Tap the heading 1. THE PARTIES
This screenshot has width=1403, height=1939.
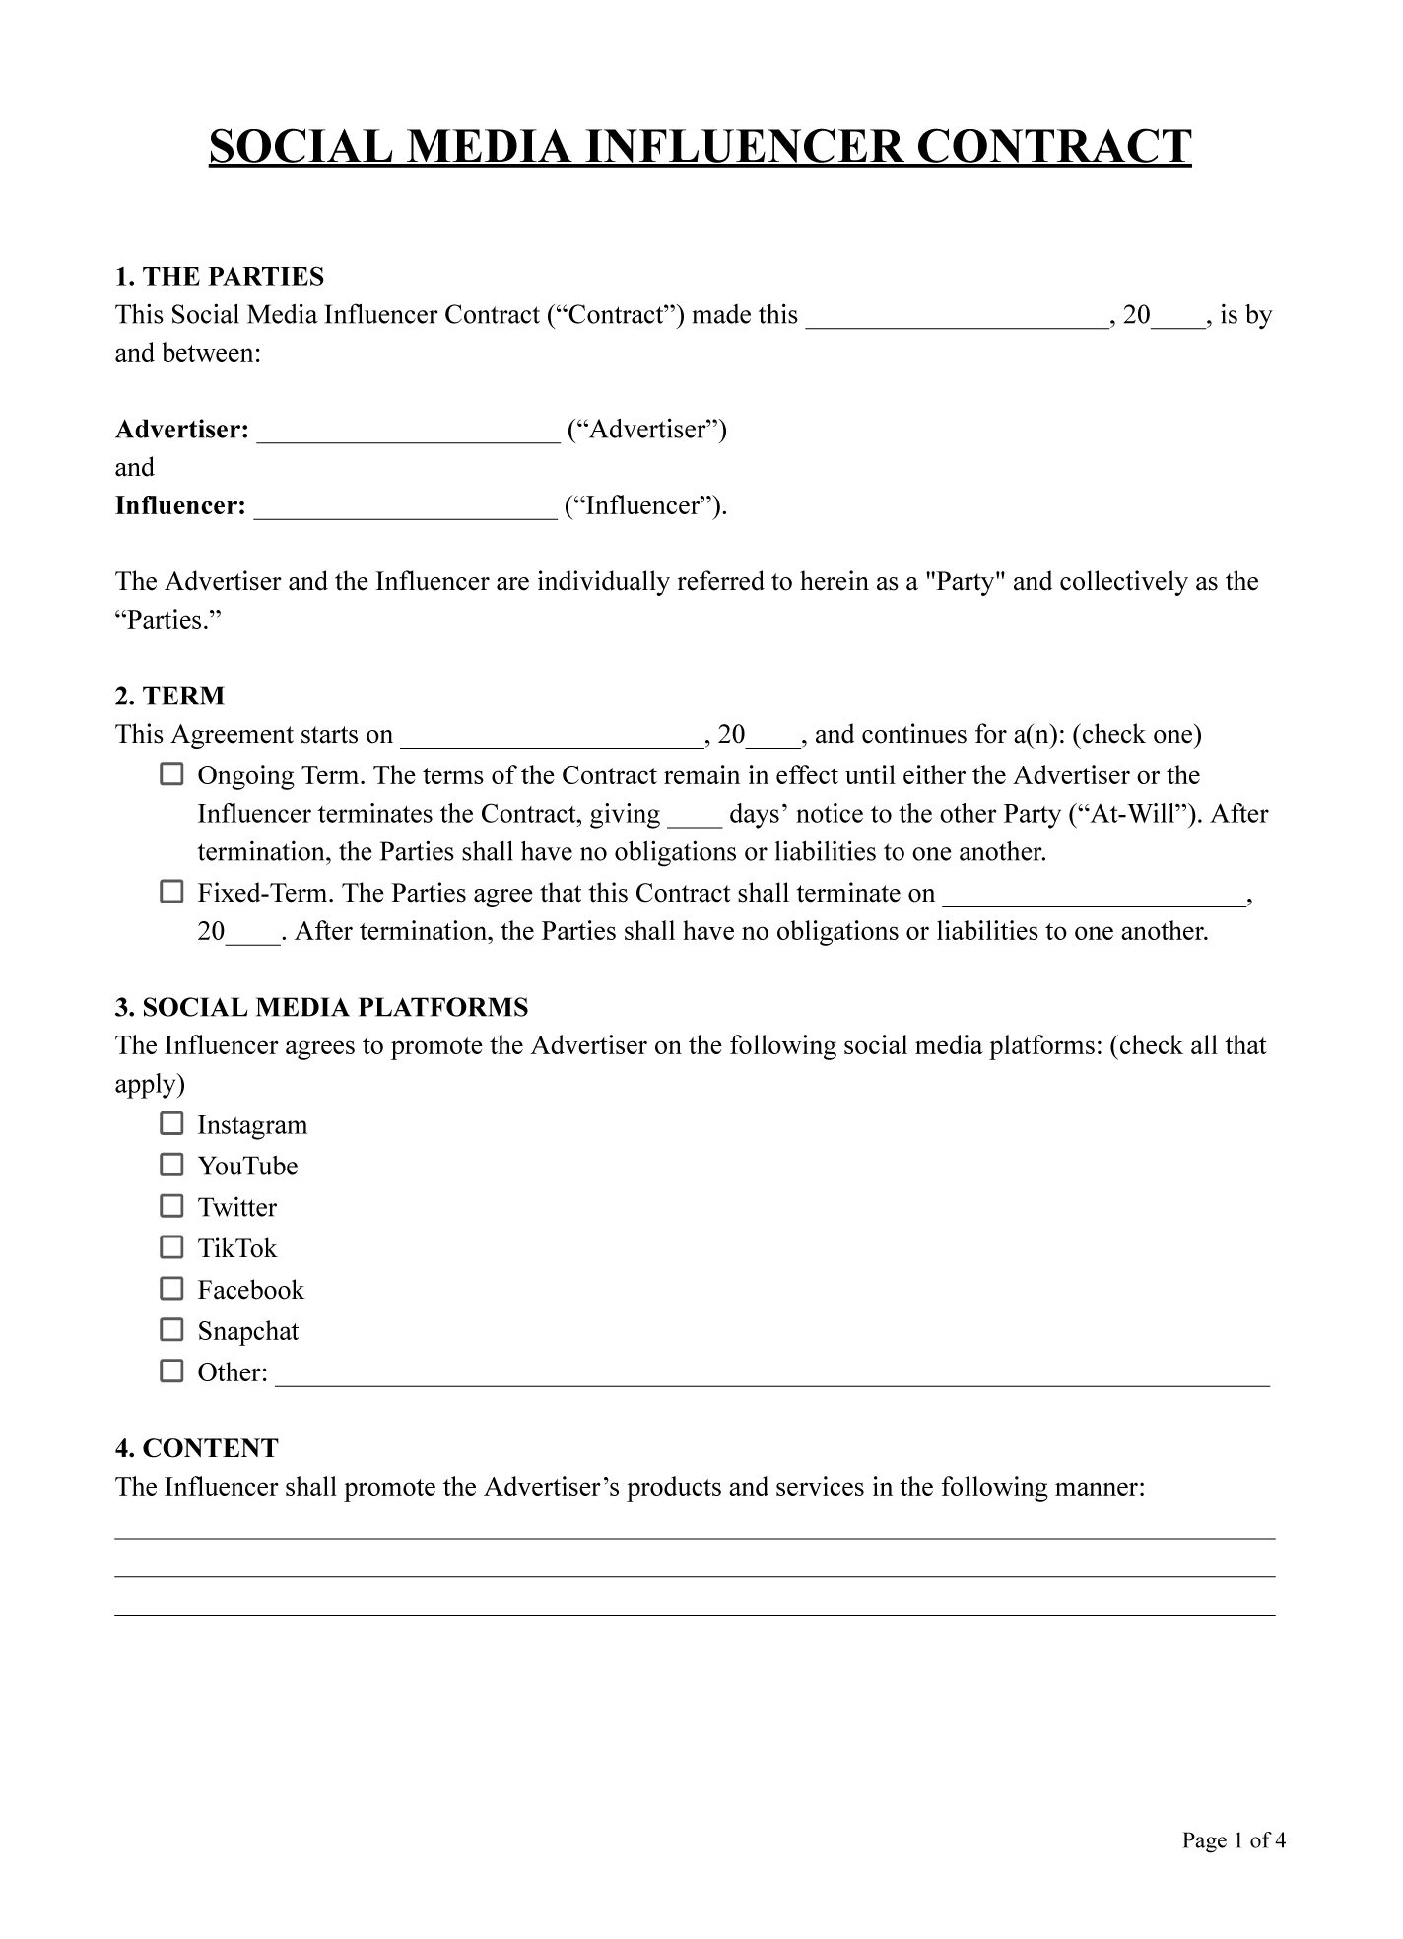(220, 276)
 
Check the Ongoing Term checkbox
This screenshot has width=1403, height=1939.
(171, 774)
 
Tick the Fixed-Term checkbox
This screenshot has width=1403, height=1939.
(171, 893)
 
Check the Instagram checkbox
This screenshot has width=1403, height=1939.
(171, 1124)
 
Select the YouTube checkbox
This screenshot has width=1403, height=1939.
(171, 1166)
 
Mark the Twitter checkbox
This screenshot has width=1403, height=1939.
(171, 1207)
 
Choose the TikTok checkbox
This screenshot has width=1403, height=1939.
(171, 1248)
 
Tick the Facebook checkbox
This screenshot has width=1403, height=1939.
(171, 1290)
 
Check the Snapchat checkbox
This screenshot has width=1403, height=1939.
(171, 1331)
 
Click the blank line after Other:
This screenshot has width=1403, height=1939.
(772, 1376)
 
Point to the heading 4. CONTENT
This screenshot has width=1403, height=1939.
(197, 1448)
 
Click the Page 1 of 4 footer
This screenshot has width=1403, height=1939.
(1234, 1840)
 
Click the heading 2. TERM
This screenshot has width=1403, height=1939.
(170, 697)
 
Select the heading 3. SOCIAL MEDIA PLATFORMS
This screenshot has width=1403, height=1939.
(322, 1008)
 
